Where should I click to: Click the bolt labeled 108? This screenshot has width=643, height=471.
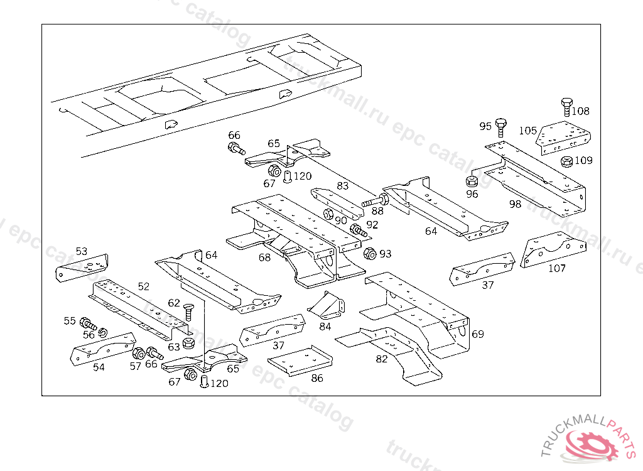566,107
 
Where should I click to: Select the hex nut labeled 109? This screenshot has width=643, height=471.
565,161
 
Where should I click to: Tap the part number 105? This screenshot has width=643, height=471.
527,131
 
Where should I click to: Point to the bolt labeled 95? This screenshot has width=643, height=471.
500,126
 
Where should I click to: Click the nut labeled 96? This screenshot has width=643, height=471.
473,182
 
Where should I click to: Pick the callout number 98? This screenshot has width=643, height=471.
515,204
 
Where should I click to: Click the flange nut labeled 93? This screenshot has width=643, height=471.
370,254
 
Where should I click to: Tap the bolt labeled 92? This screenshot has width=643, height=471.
359,230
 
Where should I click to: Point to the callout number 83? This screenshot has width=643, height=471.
342,186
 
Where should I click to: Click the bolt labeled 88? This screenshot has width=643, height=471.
375,202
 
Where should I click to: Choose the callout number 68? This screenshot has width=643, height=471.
264,257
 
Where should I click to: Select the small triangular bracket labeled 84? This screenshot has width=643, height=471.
327,306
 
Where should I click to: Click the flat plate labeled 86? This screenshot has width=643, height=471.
300,360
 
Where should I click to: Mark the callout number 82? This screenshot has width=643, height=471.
382,359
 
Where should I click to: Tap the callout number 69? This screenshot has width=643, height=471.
477,333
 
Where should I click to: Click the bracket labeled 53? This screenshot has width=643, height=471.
82,268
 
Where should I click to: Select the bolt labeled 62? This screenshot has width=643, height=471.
188,311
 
